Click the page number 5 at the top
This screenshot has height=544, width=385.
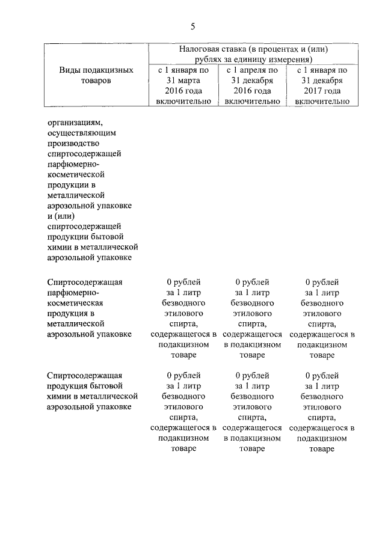click(192, 26)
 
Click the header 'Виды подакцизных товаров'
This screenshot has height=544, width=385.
click(96, 76)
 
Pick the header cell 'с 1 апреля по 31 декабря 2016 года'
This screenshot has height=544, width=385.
click(252, 86)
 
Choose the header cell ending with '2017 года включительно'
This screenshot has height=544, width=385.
click(322, 86)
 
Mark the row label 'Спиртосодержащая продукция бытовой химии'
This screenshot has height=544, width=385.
click(93, 391)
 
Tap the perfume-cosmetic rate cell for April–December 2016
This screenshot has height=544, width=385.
click(252, 318)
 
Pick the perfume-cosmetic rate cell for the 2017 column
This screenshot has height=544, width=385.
click(322, 318)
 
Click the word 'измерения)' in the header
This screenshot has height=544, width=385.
click(288, 60)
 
